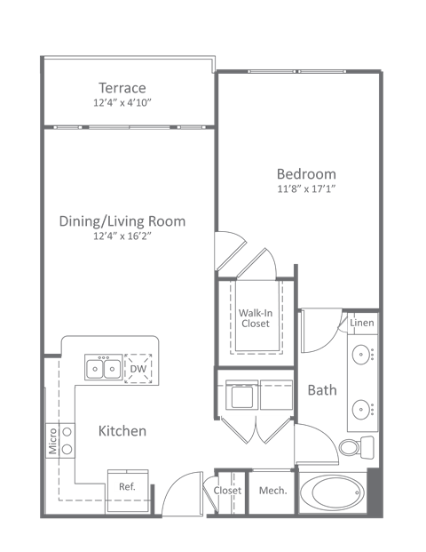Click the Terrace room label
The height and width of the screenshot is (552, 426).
click(122, 88)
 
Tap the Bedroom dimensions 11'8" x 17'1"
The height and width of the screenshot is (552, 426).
click(305, 189)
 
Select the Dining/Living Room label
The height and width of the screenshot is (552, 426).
click(122, 221)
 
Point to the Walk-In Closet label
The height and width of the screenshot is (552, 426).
click(256, 317)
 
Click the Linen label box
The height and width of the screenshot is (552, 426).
click(362, 323)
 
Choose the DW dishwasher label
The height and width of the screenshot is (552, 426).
click(137, 368)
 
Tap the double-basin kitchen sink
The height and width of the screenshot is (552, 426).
click(103, 367)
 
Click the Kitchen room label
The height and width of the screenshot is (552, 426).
click(122, 431)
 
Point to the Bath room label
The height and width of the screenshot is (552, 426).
click(321, 389)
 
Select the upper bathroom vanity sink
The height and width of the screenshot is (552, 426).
click(362, 356)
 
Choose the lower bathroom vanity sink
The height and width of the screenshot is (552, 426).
click(362, 410)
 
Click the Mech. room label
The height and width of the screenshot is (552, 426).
click(272, 491)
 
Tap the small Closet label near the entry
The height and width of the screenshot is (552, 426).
click(227, 491)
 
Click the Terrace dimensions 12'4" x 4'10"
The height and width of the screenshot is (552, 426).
click(122, 103)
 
